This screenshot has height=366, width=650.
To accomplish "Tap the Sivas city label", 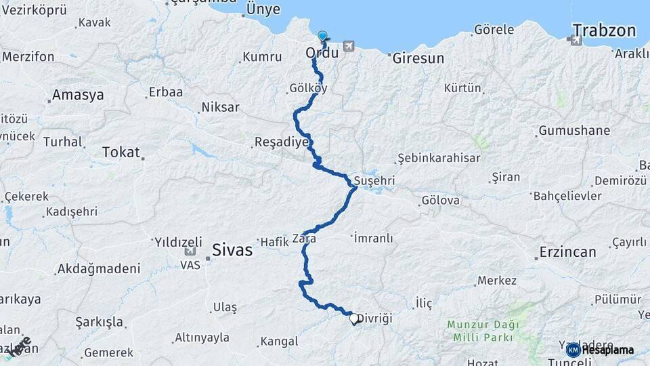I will point(232,249).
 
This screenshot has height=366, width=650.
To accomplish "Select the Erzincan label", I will point(567,252).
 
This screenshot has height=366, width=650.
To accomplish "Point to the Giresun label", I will point(418,58).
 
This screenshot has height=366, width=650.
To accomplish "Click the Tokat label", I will point(121,152).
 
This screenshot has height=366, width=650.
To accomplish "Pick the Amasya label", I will point(79,95).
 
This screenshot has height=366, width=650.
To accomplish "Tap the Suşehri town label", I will point(374,182).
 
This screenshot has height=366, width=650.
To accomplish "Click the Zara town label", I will point(304,239).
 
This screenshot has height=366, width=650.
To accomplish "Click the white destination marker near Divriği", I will point(353,318).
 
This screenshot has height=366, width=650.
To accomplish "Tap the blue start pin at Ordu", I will point(322,37).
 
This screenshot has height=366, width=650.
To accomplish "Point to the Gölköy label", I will point(308,88).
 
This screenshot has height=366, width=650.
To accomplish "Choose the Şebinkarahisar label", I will point(439,158).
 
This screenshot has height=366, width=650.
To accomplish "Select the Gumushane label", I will point(574,131).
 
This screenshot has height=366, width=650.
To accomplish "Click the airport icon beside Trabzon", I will point(576,40).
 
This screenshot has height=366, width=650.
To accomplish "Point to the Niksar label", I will point(220,107).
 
